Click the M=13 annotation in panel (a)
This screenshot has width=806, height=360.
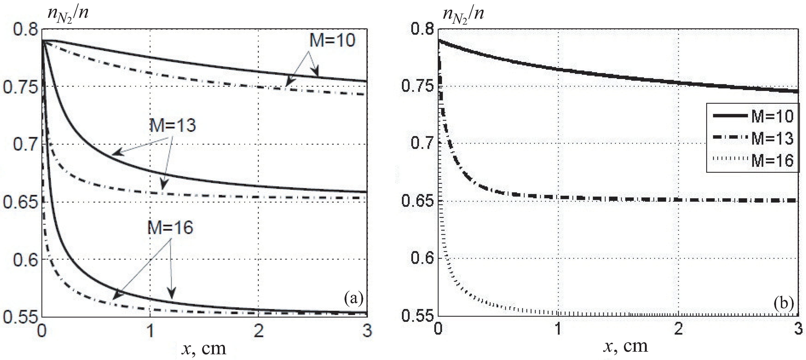(x=173, y=126)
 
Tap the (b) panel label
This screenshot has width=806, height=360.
(x=783, y=303)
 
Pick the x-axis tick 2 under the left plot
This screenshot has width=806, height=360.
(x=258, y=331)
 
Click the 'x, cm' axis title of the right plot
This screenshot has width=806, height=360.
(x=625, y=346)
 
